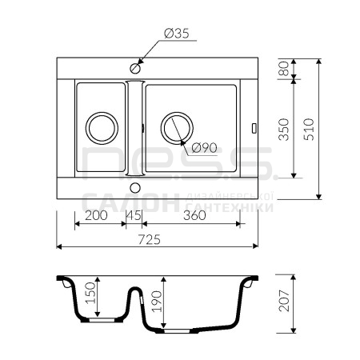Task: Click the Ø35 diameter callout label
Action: (x=177, y=34)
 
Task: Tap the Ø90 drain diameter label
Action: (x=204, y=148)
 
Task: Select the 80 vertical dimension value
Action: (x=284, y=69)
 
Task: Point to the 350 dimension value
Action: (x=284, y=130)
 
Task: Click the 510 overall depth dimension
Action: (x=309, y=130)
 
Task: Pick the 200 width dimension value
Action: (x=96, y=215)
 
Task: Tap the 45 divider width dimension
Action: (x=134, y=215)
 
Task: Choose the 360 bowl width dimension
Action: (x=194, y=215)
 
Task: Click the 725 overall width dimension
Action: (x=150, y=239)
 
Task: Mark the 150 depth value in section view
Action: (x=90, y=293)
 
